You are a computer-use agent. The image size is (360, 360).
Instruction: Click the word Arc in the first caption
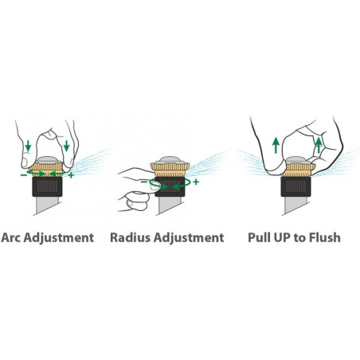pos(11,237)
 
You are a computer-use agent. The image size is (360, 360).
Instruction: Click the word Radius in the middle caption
pos(130,237)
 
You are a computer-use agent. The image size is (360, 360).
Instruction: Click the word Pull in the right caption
pos(258,237)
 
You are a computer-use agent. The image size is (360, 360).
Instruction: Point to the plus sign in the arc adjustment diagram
pos(71,175)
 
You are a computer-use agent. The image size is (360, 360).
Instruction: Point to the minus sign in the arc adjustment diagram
pos(23,175)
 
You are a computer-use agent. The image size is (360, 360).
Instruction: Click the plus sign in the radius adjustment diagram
pos(196,182)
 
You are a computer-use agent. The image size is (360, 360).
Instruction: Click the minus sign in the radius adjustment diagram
pos(143,182)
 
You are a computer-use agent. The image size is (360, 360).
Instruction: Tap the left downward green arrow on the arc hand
pos(28,146)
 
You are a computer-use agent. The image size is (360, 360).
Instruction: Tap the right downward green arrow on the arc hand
pos(67,146)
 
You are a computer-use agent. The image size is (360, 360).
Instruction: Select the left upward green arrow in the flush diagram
pos(276,145)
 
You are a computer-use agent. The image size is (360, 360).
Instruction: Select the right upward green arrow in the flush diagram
pos(319,145)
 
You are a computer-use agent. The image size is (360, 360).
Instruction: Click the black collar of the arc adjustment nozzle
pos(47,186)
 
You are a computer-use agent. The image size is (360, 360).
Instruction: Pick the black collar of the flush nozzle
pos(295,186)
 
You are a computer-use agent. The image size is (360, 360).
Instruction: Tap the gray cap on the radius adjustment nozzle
pos(170,161)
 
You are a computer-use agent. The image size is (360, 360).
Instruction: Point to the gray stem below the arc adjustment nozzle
pos(47,205)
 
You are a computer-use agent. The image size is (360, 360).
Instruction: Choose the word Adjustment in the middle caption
pos(189,238)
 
